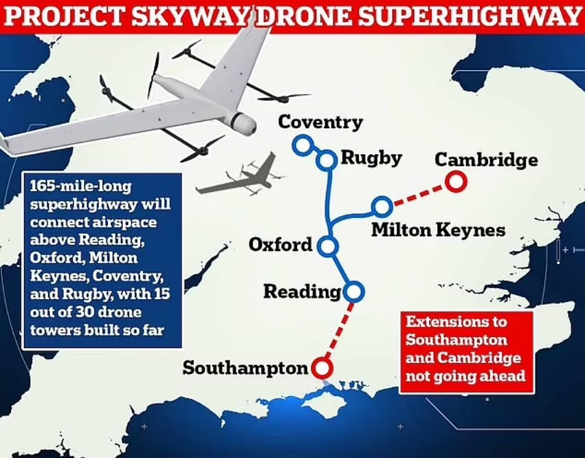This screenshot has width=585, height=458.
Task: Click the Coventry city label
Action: [x=320, y=123]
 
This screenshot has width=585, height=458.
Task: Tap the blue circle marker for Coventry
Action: [x=301, y=144]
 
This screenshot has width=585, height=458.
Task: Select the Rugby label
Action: [x=371, y=157]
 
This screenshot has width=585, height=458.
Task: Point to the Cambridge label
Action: [x=486, y=160]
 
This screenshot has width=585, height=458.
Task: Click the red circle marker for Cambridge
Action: [x=455, y=182]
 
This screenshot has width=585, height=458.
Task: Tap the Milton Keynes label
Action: [x=438, y=229]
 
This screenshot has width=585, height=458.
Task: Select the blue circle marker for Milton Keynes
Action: [x=382, y=206]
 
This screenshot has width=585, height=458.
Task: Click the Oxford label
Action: [x=281, y=245]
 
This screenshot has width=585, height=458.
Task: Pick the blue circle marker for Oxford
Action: [x=328, y=246]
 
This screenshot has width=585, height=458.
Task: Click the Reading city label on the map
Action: [x=302, y=292]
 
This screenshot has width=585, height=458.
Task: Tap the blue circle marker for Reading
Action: [x=354, y=291]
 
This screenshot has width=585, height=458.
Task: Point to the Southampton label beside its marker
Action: [x=245, y=368]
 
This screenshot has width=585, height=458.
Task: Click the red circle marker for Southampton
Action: [x=320, y=367]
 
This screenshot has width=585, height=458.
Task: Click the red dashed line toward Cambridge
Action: [x=419, y=194]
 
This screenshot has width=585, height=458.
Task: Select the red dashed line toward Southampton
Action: [x=338, y=329]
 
